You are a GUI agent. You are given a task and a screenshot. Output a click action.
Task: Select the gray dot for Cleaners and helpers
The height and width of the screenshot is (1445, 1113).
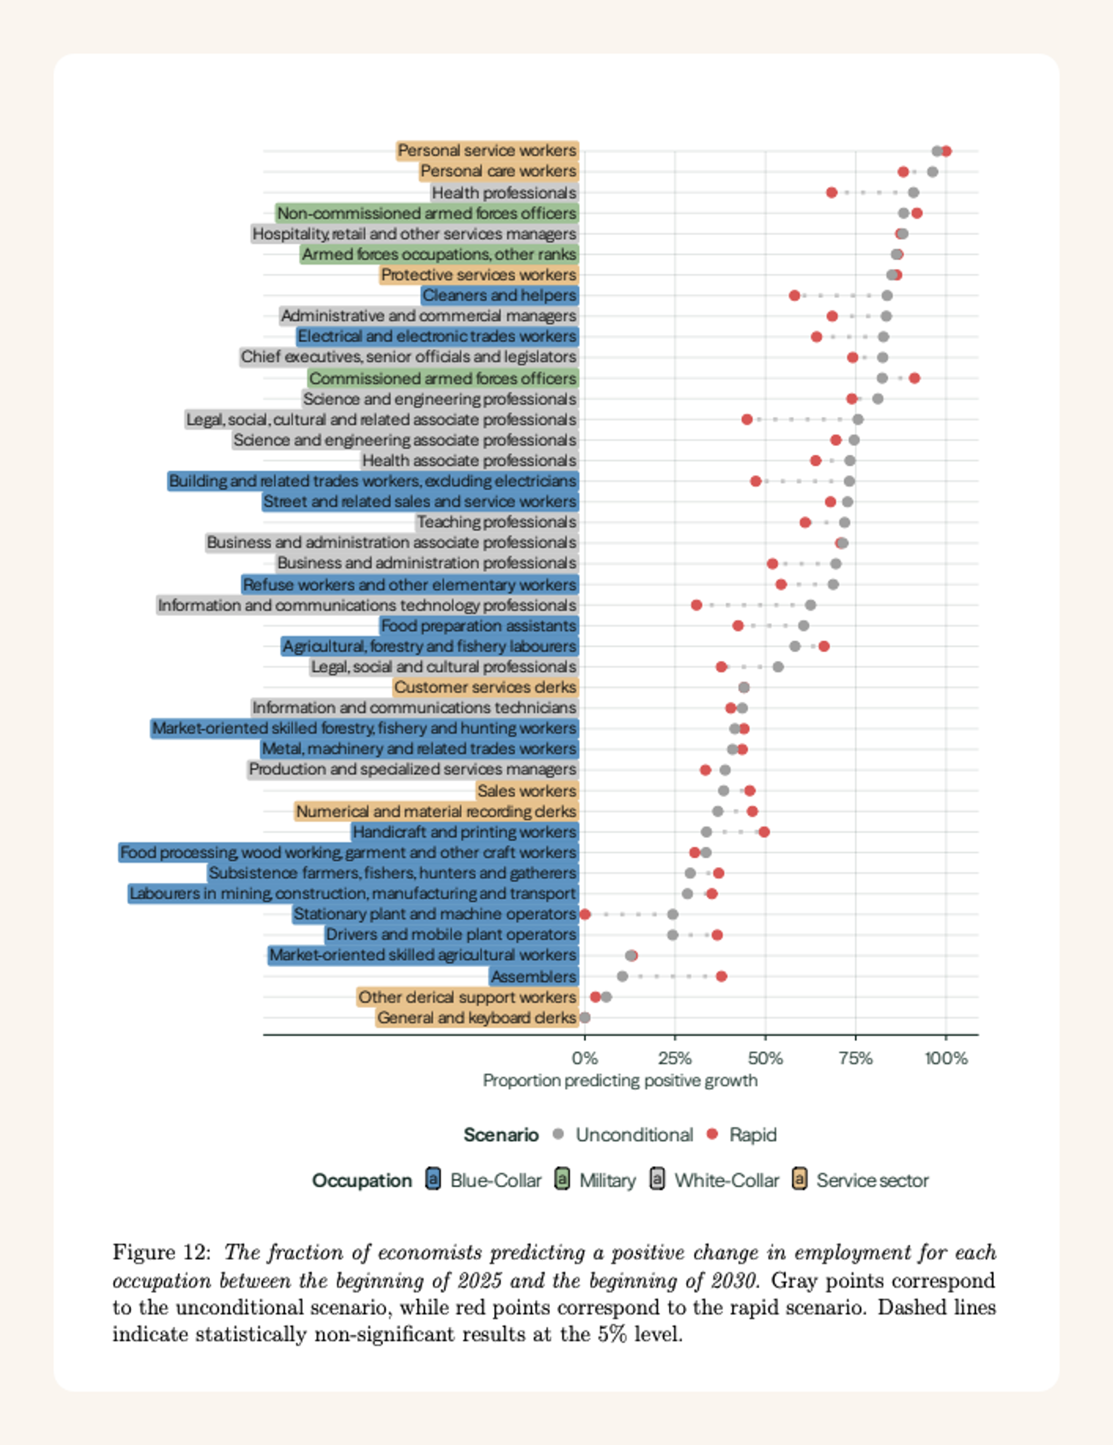click(x=887, y=296)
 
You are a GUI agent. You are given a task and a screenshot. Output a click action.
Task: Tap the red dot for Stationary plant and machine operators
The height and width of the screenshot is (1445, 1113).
click(x=585, y=914)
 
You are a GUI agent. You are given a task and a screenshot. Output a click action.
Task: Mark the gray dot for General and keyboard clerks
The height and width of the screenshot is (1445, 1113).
click(x=585, y=1018)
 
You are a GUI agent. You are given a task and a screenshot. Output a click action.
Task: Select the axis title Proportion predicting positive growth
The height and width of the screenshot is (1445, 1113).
click(x=620, y=1080)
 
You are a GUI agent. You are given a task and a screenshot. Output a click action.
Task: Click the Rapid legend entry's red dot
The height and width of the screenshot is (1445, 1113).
click(x=712, y=1134)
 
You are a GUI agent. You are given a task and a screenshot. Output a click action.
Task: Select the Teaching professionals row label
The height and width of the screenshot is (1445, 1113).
click(x=496, y=522)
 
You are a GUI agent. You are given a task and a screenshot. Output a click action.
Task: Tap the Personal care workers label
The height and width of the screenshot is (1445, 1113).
click(x=498, y=171)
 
